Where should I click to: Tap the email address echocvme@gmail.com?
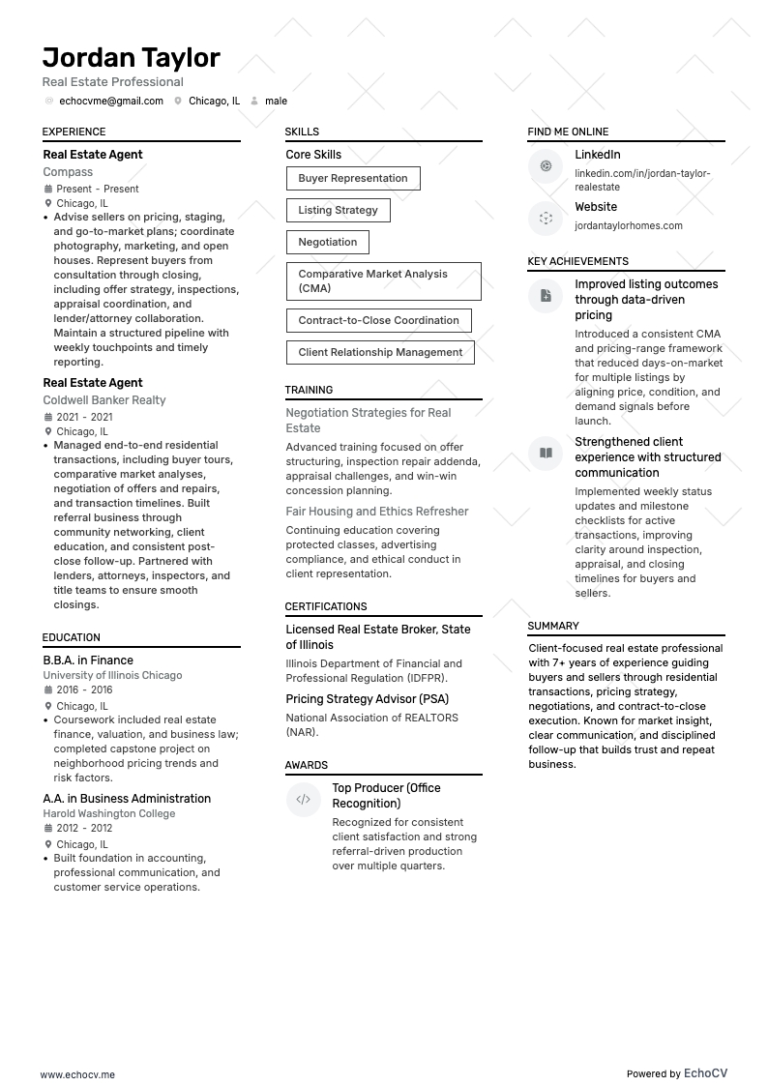click(110, 101)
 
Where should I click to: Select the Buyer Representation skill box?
click(352, 178)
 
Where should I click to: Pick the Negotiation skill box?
click(327, 242)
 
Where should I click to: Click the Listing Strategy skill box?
click(338, 210)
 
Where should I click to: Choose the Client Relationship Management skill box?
click(380, 352)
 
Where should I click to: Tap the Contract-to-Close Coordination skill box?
click(378, 320)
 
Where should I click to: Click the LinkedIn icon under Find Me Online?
click(546, 166)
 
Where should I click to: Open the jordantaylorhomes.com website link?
click(628, 225)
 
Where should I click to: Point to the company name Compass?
click(68, 172)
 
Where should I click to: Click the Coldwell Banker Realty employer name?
click(104, 400)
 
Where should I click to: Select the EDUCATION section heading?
click(71, 637)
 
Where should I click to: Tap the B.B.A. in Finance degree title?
click(88, 660)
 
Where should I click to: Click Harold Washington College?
click(109, 814)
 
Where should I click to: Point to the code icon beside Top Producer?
click(303, 800)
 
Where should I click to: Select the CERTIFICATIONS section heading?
click(325, 606)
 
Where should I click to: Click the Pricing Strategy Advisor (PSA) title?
click(367, 699)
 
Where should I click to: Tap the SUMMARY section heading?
click(553, 626)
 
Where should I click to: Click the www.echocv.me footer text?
click(77, 1074)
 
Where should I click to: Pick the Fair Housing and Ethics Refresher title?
click(376, 512)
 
